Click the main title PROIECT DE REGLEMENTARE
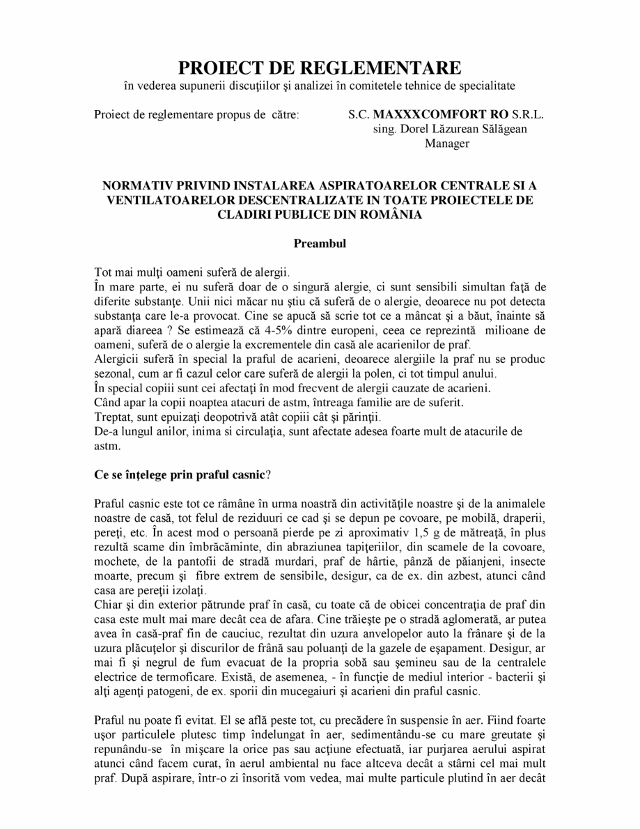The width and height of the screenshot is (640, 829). pos(320,68)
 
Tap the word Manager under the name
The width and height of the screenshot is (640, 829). pos(446,144)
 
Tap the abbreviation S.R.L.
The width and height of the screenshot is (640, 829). pos(528,115)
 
